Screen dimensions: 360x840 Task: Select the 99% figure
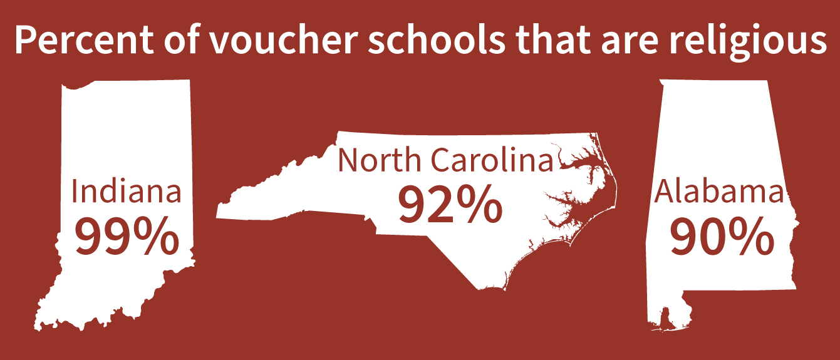coord(126,237)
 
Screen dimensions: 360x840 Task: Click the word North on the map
coord(378,160)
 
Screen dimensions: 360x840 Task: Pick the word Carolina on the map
coord(492,160)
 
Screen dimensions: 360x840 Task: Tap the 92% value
coord(450,204)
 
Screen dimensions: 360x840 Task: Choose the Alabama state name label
coord(718,192)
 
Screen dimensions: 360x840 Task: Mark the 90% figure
coord(721,237)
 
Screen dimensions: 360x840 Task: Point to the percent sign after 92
coord(479,204)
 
